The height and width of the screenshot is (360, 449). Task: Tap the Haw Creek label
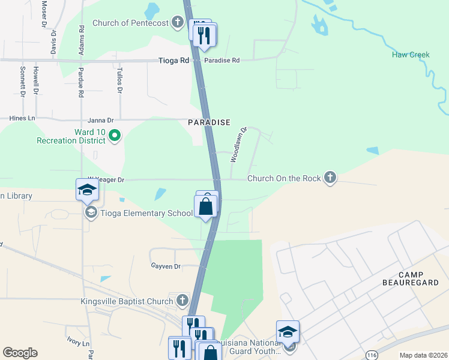point(411,55)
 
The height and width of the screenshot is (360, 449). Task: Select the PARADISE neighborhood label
point(209,122)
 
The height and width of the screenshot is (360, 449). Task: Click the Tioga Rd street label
point(174,61)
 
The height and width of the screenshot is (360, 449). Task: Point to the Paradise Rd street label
point(221,61)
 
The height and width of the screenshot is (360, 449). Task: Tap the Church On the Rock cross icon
point(329,178)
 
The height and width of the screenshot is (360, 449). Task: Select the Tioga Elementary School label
point(146,213)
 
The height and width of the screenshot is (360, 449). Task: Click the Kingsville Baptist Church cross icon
point(183,301)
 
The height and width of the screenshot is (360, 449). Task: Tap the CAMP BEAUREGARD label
point(411,286)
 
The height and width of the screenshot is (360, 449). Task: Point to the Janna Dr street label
point(100,119)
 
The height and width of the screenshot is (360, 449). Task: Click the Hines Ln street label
point(22,118)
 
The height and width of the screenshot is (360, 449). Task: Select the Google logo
point(20,353)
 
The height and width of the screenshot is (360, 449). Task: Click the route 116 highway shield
point(372,347)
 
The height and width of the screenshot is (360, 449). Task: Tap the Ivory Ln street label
point(77,342)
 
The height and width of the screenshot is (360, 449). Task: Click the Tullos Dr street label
point(119,81)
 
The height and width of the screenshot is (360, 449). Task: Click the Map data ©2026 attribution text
point(423,355)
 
